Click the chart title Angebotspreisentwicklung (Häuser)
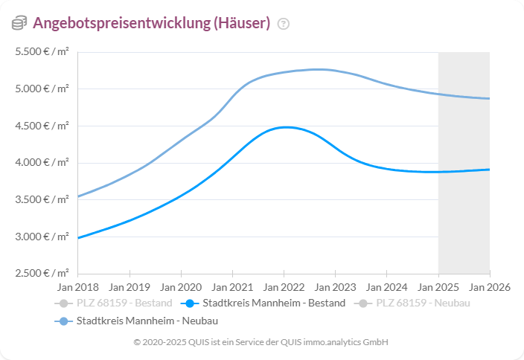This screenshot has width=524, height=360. tap(151, 23)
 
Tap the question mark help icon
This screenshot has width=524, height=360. tap(283, 24)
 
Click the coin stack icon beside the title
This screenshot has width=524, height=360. tap(19, 23)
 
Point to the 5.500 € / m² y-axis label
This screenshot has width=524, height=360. tap(42, 52)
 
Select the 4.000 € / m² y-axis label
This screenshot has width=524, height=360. tap(42, 163)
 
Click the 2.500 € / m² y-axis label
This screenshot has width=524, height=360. tap(42, 273)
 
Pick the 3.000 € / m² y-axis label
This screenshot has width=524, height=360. tap(42, 237)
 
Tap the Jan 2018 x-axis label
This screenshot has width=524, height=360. tap(77, 286)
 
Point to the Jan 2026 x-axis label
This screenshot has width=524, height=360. tap(489, 286)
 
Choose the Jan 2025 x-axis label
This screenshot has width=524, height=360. tap(438, 286)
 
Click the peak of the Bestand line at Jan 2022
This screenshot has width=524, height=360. tap(284, 127)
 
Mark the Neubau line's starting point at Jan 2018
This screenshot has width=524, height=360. tap(78, 196)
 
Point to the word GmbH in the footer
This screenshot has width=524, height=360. tap(376, 342)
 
